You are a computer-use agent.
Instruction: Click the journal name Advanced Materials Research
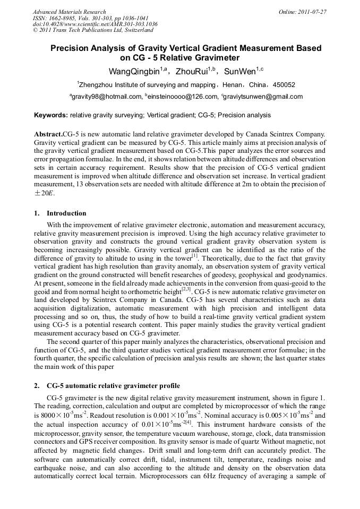(69, 12)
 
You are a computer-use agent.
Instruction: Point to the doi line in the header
(95, 24)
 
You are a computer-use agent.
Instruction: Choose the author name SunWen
(240, 71)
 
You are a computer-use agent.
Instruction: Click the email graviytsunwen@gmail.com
(263, 97)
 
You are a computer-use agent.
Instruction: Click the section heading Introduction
(66, 213)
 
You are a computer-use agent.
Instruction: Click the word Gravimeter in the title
(216, 58)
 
